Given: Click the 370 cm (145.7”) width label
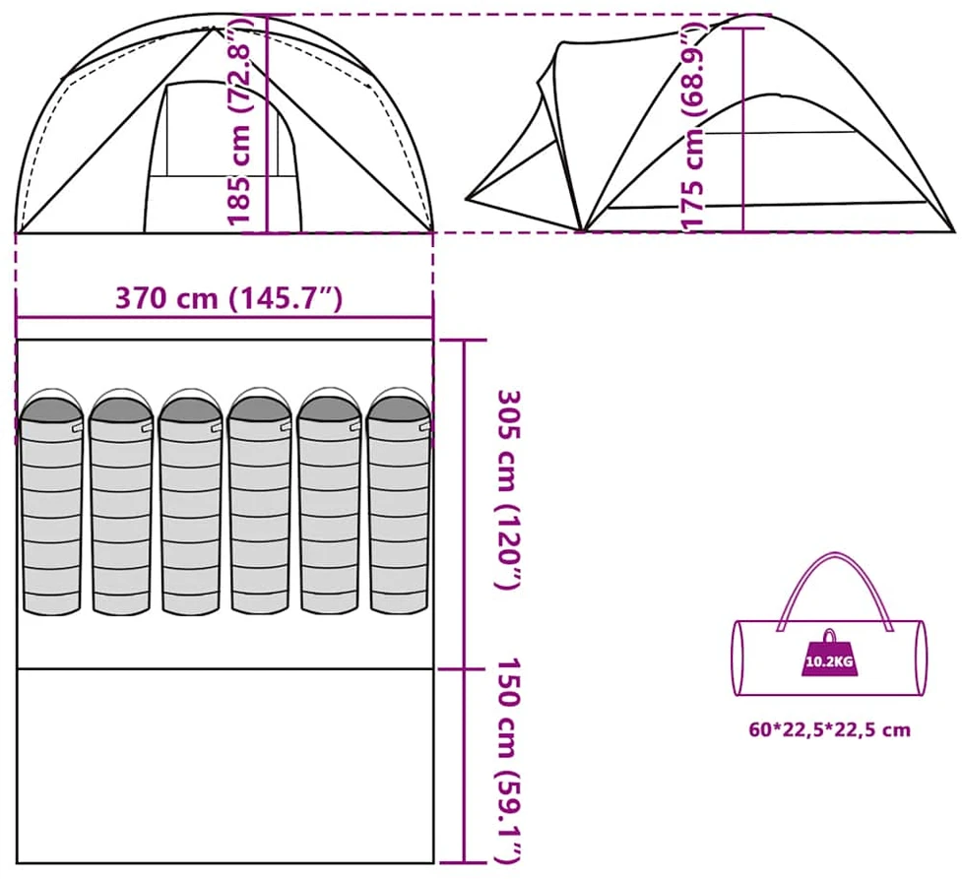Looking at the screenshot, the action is point(228,298).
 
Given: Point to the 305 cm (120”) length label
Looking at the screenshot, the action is point(510,489).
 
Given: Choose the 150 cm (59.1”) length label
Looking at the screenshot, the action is point(510,761).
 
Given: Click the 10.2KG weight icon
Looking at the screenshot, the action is point(829,654).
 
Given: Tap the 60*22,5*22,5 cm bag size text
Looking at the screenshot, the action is point(829,730).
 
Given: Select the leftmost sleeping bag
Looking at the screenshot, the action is point(51,501).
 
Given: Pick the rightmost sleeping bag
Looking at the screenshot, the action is point(399,501).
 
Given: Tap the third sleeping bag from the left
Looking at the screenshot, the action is point(190,501).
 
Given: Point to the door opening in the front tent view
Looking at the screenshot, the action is point(223,157).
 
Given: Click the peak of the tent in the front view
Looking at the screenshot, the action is point(214,28).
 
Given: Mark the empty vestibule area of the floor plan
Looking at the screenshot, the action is point(224,766).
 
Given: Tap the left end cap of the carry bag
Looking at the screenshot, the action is point(738,659).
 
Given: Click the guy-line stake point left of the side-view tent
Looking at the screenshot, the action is point(467,198).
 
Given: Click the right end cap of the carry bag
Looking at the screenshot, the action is point(921,659).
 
